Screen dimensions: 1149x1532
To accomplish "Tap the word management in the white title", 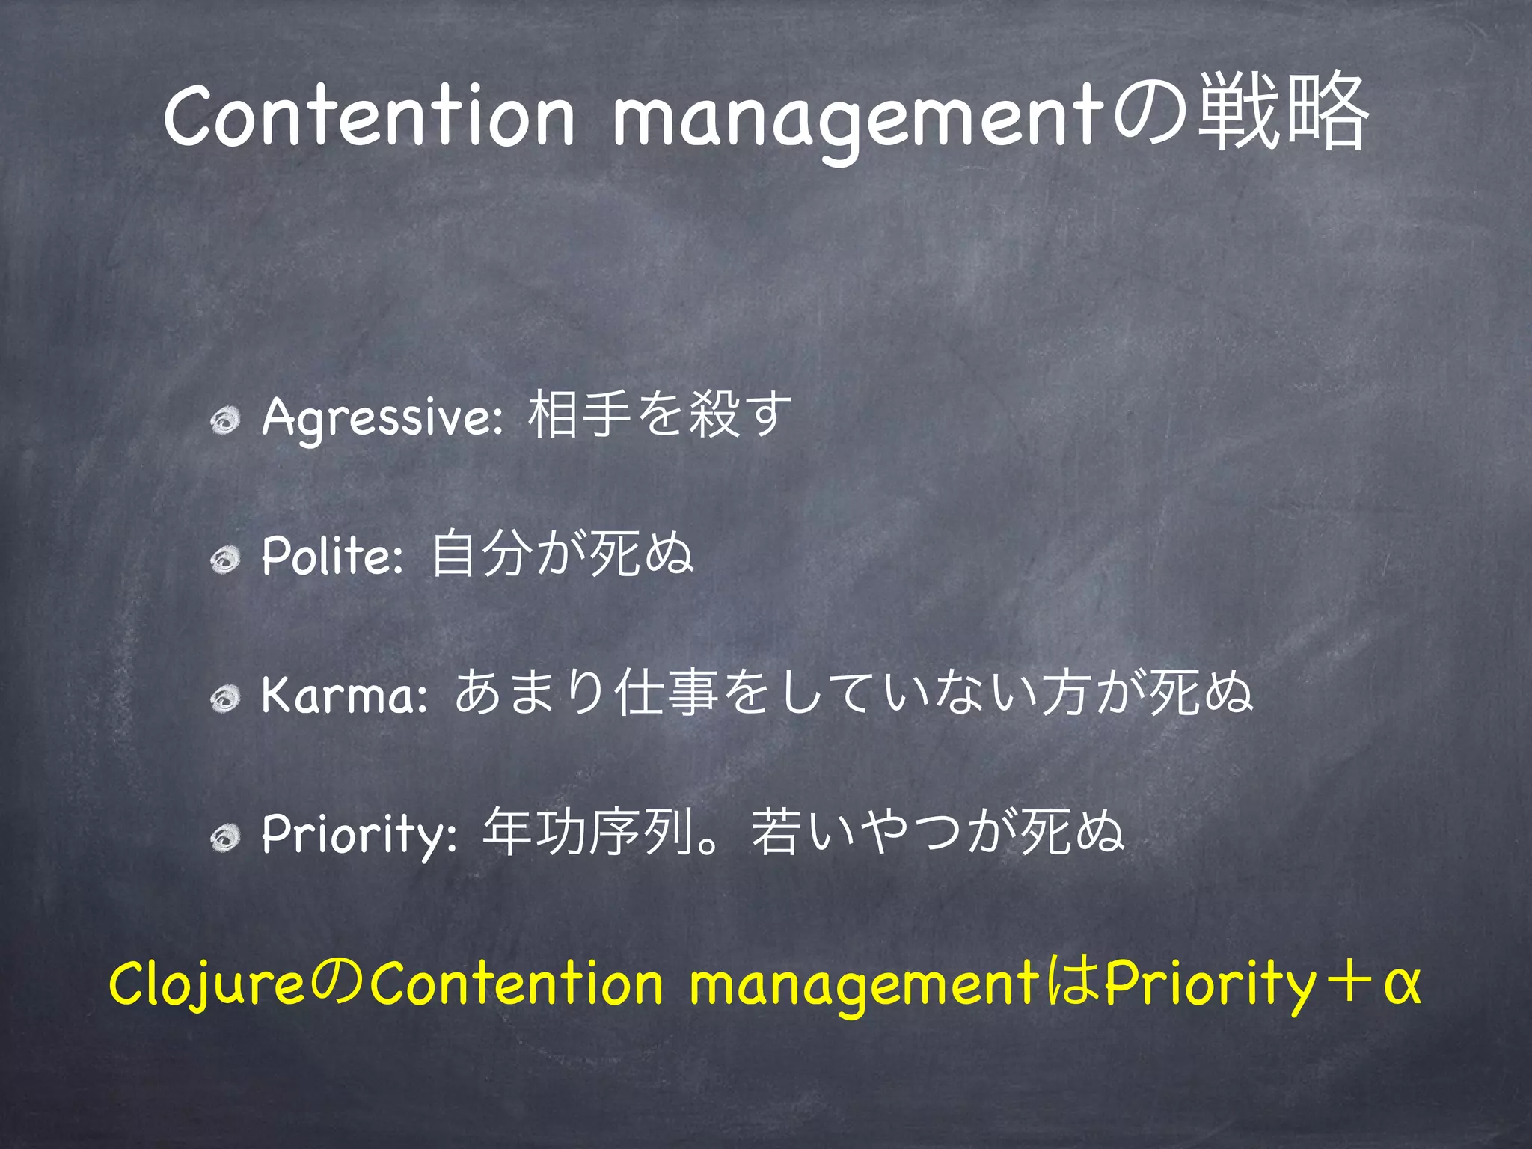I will click(861, 120).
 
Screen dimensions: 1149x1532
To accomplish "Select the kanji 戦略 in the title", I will click(1284, 112).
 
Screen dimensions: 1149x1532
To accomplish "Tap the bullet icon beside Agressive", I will click(224, 421).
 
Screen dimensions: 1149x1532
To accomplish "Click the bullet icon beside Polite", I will click(224, 560).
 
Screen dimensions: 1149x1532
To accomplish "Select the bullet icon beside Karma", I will click(224, 699).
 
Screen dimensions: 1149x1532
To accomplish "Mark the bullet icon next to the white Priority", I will click(224, 838).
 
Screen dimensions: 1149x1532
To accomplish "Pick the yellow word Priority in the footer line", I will click(1210, 984).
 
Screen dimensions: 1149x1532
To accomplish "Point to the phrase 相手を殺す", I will click(659, 414).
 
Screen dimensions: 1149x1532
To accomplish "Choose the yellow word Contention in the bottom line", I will click(516, 984).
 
